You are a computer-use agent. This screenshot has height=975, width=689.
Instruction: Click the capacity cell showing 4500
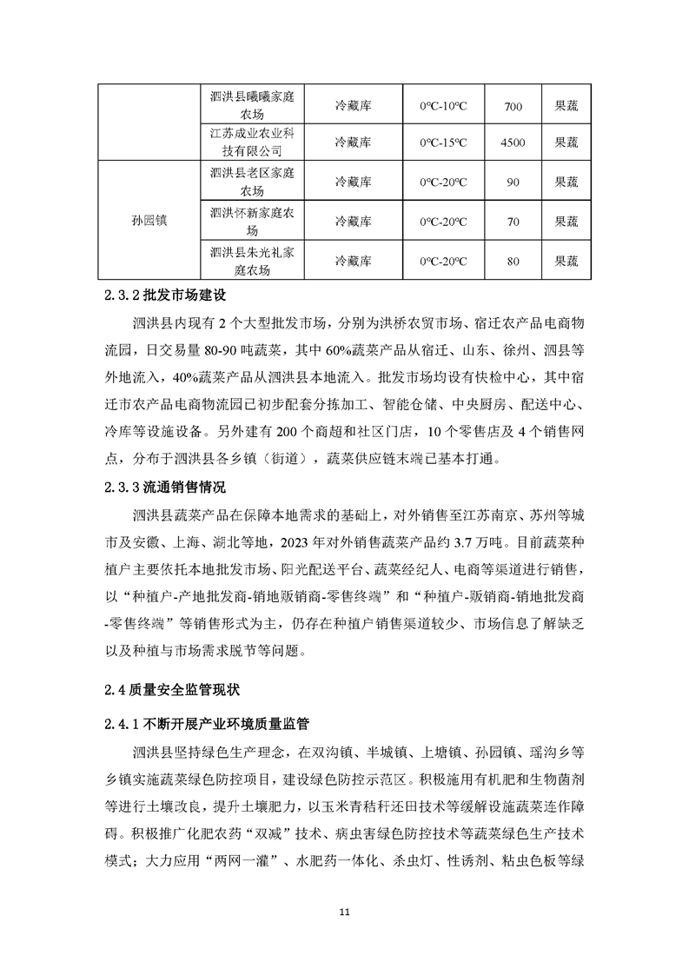513,142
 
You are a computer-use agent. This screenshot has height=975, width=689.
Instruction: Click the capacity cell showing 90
513,182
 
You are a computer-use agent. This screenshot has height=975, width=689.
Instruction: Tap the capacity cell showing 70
513,222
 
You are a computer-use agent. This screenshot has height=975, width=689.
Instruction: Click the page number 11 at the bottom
344,912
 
